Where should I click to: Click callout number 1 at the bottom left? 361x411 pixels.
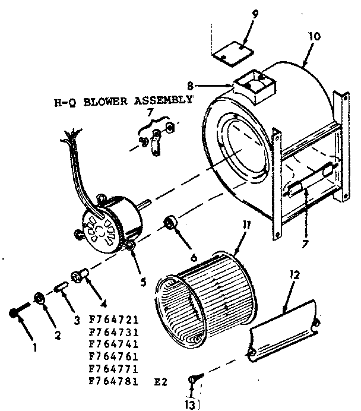point(34,348)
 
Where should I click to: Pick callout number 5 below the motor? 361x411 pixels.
point(143,282)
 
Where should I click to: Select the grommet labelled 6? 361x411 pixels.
point(172,224)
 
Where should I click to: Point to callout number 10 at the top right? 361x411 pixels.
point(315,36)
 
